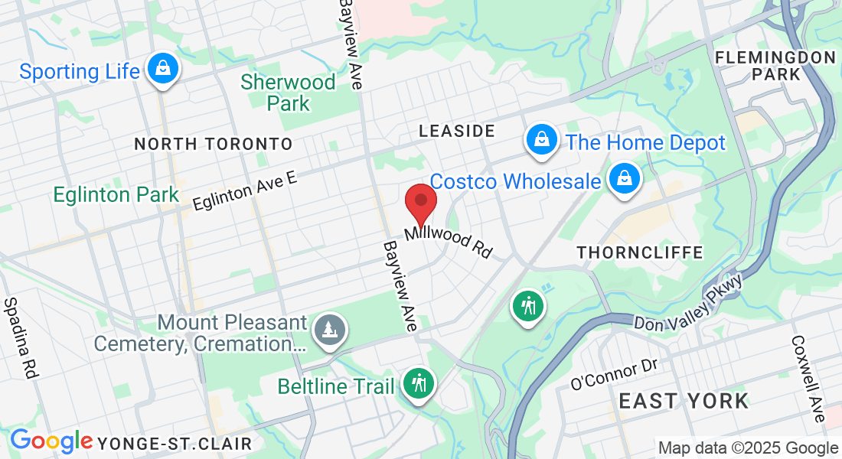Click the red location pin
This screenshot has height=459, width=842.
click(x=420, y=202)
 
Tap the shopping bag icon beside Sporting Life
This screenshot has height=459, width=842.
click(x=163, y=68)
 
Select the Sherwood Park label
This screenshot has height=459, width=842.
click(x=289, y=93)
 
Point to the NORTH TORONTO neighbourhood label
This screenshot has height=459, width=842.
click(x=214, y=144)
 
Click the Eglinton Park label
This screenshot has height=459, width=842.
click(x=116, y=195)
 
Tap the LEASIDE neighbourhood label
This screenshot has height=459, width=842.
click(x=457, y=132)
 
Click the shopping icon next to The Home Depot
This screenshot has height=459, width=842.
click(x=541, y=140)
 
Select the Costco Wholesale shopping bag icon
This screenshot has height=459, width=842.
click(x=625, y=179)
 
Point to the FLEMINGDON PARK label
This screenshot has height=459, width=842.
click(x=775, y=66)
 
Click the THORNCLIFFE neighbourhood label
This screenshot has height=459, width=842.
click(x=629, y=252)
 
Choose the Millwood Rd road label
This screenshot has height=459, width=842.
click(x=449, y=241)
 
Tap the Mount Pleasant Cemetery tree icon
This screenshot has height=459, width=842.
click(x=330, y=330)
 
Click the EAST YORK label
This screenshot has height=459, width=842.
click(x=684, y=401)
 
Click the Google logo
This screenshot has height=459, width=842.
click(x=51, y=441)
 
